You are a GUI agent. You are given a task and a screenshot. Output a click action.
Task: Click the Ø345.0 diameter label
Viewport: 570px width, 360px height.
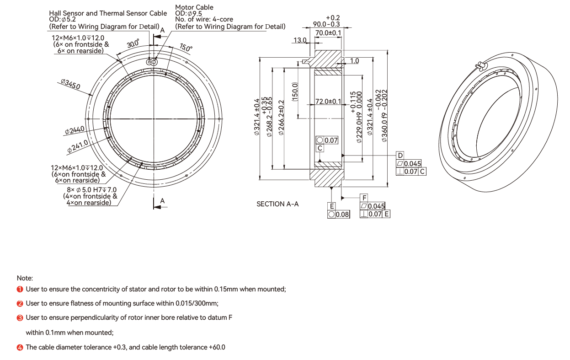[x=70, y=84]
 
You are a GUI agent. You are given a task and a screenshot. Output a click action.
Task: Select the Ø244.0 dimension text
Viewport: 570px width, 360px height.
[x=75, y=130]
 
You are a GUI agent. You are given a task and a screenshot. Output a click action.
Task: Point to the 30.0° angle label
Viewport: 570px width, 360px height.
[x=133, y=43]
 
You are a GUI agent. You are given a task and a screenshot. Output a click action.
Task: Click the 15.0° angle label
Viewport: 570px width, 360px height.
[x=186, y=48]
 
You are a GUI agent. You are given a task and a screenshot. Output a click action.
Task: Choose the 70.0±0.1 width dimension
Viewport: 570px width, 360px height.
[x=328, y=33]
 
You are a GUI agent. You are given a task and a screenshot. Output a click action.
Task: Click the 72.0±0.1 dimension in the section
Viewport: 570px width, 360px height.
[x=328, y=102]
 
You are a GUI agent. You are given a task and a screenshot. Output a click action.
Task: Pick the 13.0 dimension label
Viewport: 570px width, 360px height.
[x=300, y=40]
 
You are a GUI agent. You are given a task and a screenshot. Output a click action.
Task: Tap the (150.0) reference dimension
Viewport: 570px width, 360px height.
[x=295, y=92]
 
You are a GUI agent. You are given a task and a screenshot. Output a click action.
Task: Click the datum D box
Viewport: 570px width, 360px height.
[x=400, y=156]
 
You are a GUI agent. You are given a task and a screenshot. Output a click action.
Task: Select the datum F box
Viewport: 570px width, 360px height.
[x=364, y=198]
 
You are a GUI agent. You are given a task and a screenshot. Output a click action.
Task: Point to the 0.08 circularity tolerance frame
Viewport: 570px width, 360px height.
[x=339, y=215]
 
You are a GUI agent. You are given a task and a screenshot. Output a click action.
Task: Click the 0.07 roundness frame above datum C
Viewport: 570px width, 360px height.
[x=327, y=140]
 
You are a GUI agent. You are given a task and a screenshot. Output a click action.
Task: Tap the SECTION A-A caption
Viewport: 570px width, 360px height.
[x=277, y=204]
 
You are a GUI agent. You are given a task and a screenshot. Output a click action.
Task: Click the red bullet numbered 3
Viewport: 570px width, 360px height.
[x=20, y=318]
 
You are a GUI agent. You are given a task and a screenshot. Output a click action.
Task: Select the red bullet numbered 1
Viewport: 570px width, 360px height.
[x=20, y=290]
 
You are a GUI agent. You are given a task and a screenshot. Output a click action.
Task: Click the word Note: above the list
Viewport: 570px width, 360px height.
[x=25, y=278]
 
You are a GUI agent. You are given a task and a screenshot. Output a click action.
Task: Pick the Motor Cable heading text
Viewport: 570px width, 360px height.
[x=194, y=7]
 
